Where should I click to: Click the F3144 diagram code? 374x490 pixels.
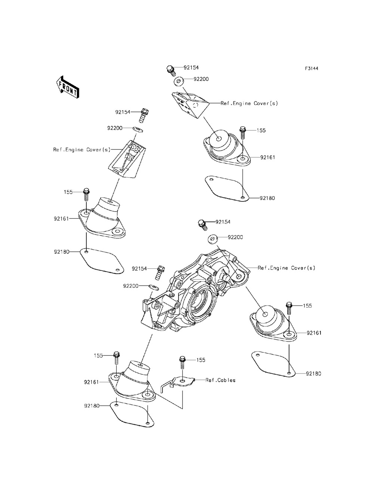[x=314, y=69]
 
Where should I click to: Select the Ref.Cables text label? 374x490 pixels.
[x=221, y=380]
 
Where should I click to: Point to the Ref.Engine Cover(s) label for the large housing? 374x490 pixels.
[x=286, y=268]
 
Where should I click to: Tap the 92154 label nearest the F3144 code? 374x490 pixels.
[x=191, y=67]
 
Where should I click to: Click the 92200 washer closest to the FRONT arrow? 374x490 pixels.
[x=138, y=129]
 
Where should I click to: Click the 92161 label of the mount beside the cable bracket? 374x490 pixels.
[x=91, y=382]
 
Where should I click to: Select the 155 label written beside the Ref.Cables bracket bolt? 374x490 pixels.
[x=201, y=360]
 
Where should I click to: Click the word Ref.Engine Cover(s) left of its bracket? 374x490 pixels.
[x=82, y=150]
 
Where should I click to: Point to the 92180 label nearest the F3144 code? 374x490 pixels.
[x=267, y=198]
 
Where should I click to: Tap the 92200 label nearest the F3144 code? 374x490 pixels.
[x=201, y=79]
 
